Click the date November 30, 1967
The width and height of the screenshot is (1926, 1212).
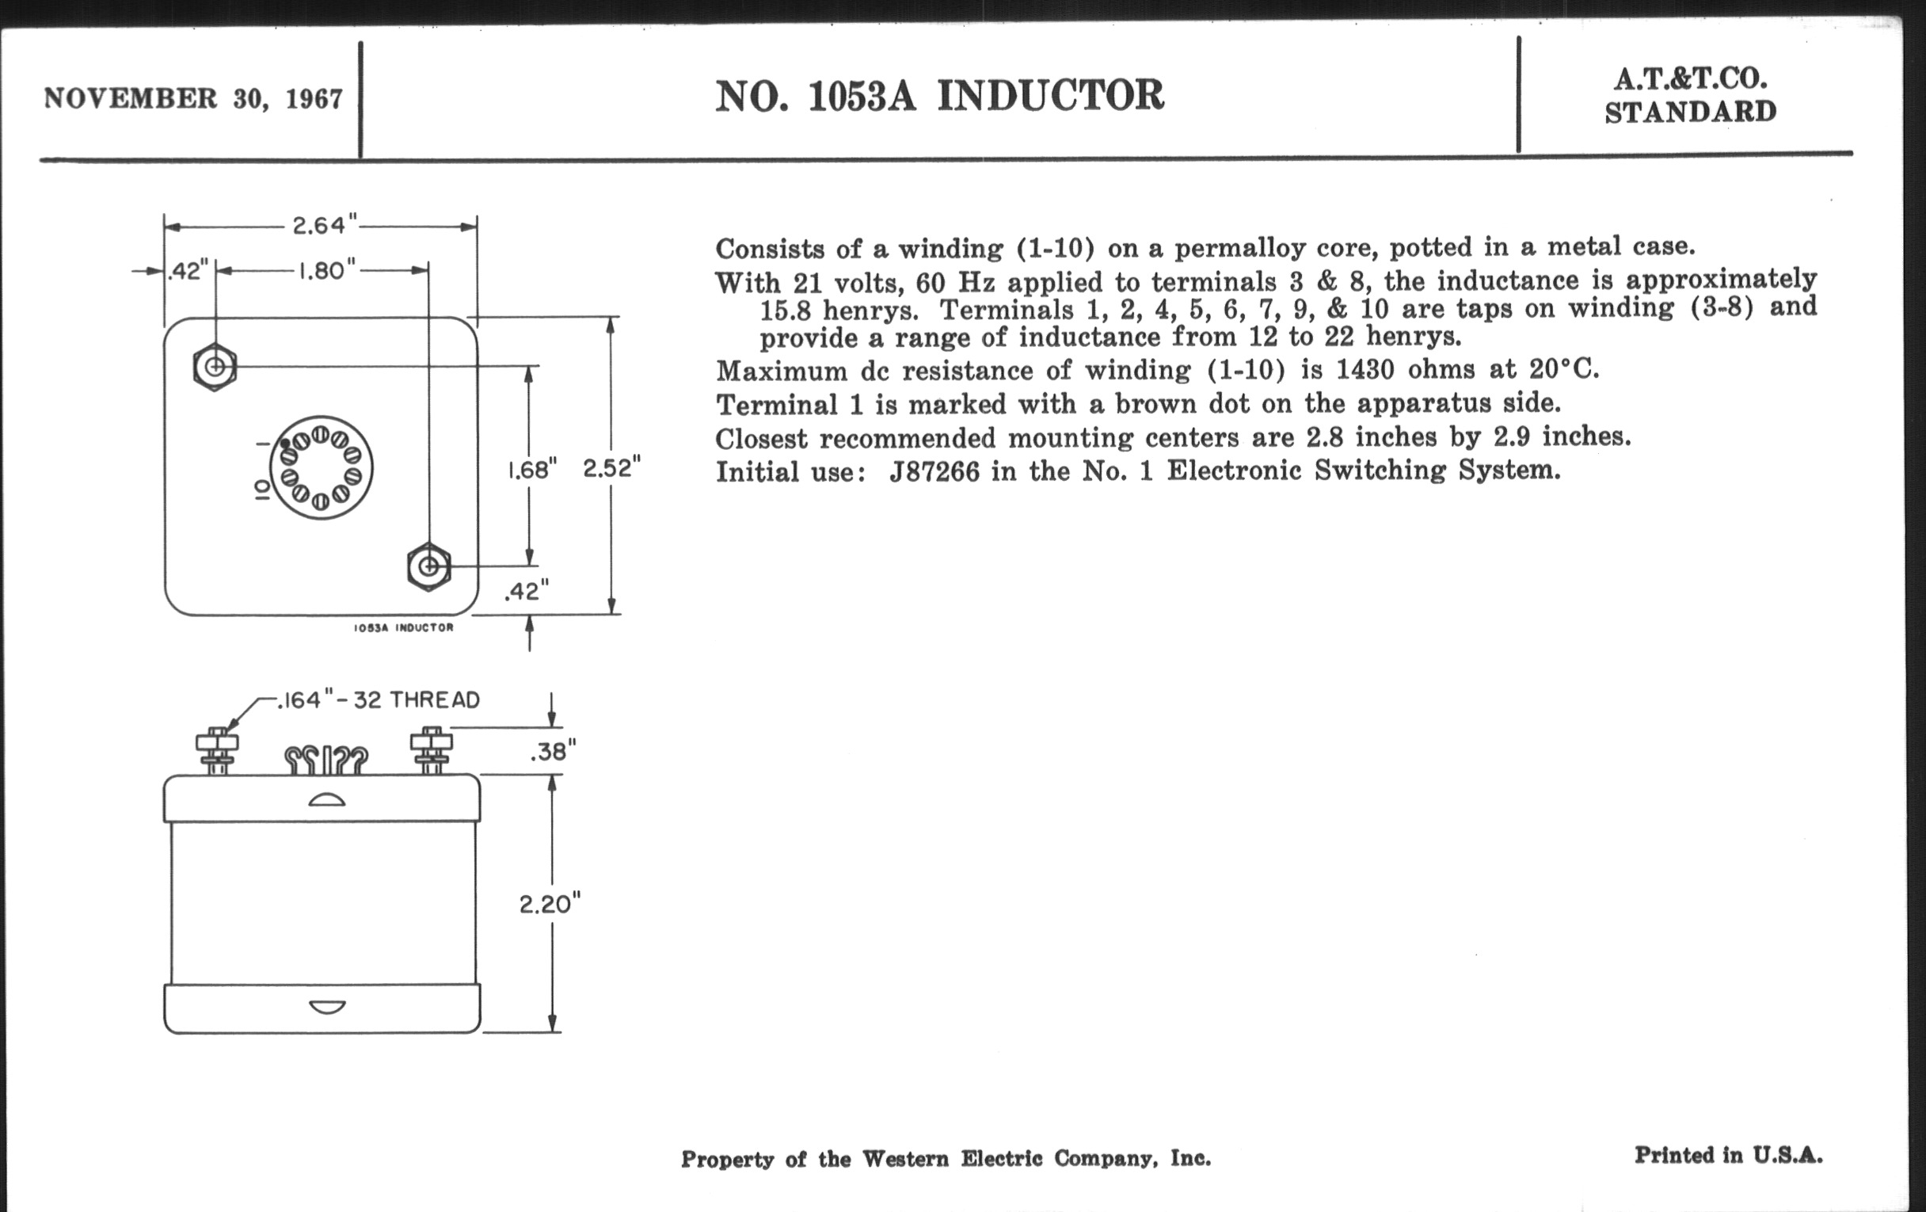pos(193,98)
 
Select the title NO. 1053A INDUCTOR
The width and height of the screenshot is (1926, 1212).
pos(940,96)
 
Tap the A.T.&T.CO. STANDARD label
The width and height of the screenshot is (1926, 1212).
pos(1690,95)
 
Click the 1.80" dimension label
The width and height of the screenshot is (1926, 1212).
pos(327,271)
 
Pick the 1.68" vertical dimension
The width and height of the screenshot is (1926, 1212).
pos(532,470)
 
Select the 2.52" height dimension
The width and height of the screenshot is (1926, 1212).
pos(612,468)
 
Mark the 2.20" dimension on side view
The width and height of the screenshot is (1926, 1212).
pos(550,904)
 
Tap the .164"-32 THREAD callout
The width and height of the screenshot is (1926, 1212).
pos(379,700)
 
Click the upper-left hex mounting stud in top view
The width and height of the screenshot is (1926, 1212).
pos(215,368)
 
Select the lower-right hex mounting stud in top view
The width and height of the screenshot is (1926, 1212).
pos(428,566)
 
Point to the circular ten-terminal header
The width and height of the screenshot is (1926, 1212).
pos(322,468)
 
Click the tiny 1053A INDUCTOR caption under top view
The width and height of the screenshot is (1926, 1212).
pos(403,628)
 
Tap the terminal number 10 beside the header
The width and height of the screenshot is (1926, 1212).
pos(261,490)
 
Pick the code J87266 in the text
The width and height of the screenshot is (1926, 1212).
pos(934,472)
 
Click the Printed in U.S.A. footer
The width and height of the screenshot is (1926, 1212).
pos(1729,1155)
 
